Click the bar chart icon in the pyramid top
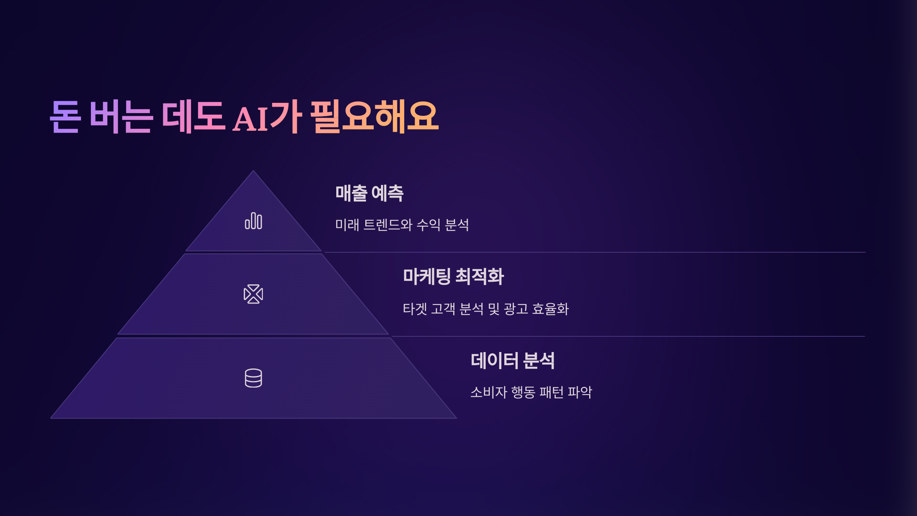pos(253,221)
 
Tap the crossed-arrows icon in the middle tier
pos(253,294)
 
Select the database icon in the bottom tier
pos(253,378)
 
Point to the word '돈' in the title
pos(65,117)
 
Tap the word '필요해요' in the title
pos(374,117)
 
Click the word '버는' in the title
pos(121,117)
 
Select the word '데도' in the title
pos(193,117)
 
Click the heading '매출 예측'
pos(369,193)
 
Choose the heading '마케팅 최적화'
pos(454,276)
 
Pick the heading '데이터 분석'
pos(512,360)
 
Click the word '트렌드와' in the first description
pos(387,225)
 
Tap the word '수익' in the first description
pos(429,225)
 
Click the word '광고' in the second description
pos(516,309)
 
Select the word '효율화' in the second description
pos(551,309)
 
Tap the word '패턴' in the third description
pos(551,392)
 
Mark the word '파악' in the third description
pos(580,392)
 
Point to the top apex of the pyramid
pos(253,171)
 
